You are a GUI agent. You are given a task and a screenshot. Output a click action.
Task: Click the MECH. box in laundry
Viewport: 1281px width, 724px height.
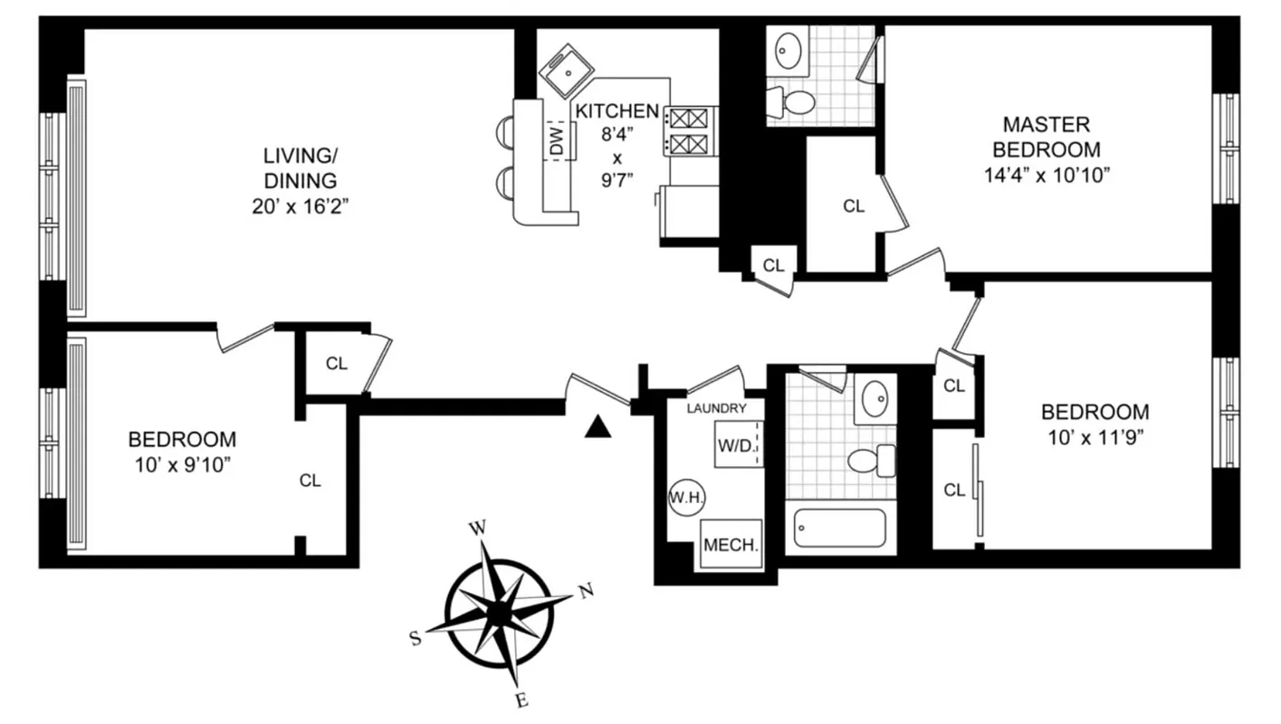(731, 546)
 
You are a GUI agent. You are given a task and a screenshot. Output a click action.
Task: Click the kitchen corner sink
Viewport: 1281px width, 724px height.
(567, 71)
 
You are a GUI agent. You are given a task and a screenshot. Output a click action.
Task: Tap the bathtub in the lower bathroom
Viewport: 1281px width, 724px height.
(839, 528)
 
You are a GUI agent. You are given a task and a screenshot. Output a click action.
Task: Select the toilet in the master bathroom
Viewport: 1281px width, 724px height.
(793, 102)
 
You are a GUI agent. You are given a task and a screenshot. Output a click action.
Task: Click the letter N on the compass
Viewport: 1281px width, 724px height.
(587, 592)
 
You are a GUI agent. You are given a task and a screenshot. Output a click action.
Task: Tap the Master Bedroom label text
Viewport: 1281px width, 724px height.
(1047, 137)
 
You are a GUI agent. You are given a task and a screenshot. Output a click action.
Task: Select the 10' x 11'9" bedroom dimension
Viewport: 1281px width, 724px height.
(1095, 438)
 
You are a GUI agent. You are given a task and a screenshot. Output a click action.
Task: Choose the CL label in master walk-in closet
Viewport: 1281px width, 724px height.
(854, 206)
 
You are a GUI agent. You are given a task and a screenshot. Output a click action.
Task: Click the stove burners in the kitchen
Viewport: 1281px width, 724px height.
(690, 130)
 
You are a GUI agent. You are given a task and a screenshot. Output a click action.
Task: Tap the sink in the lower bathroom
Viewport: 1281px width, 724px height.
(875, 399)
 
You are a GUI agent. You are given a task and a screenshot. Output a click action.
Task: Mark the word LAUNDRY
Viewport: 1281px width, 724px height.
(716, 408)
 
